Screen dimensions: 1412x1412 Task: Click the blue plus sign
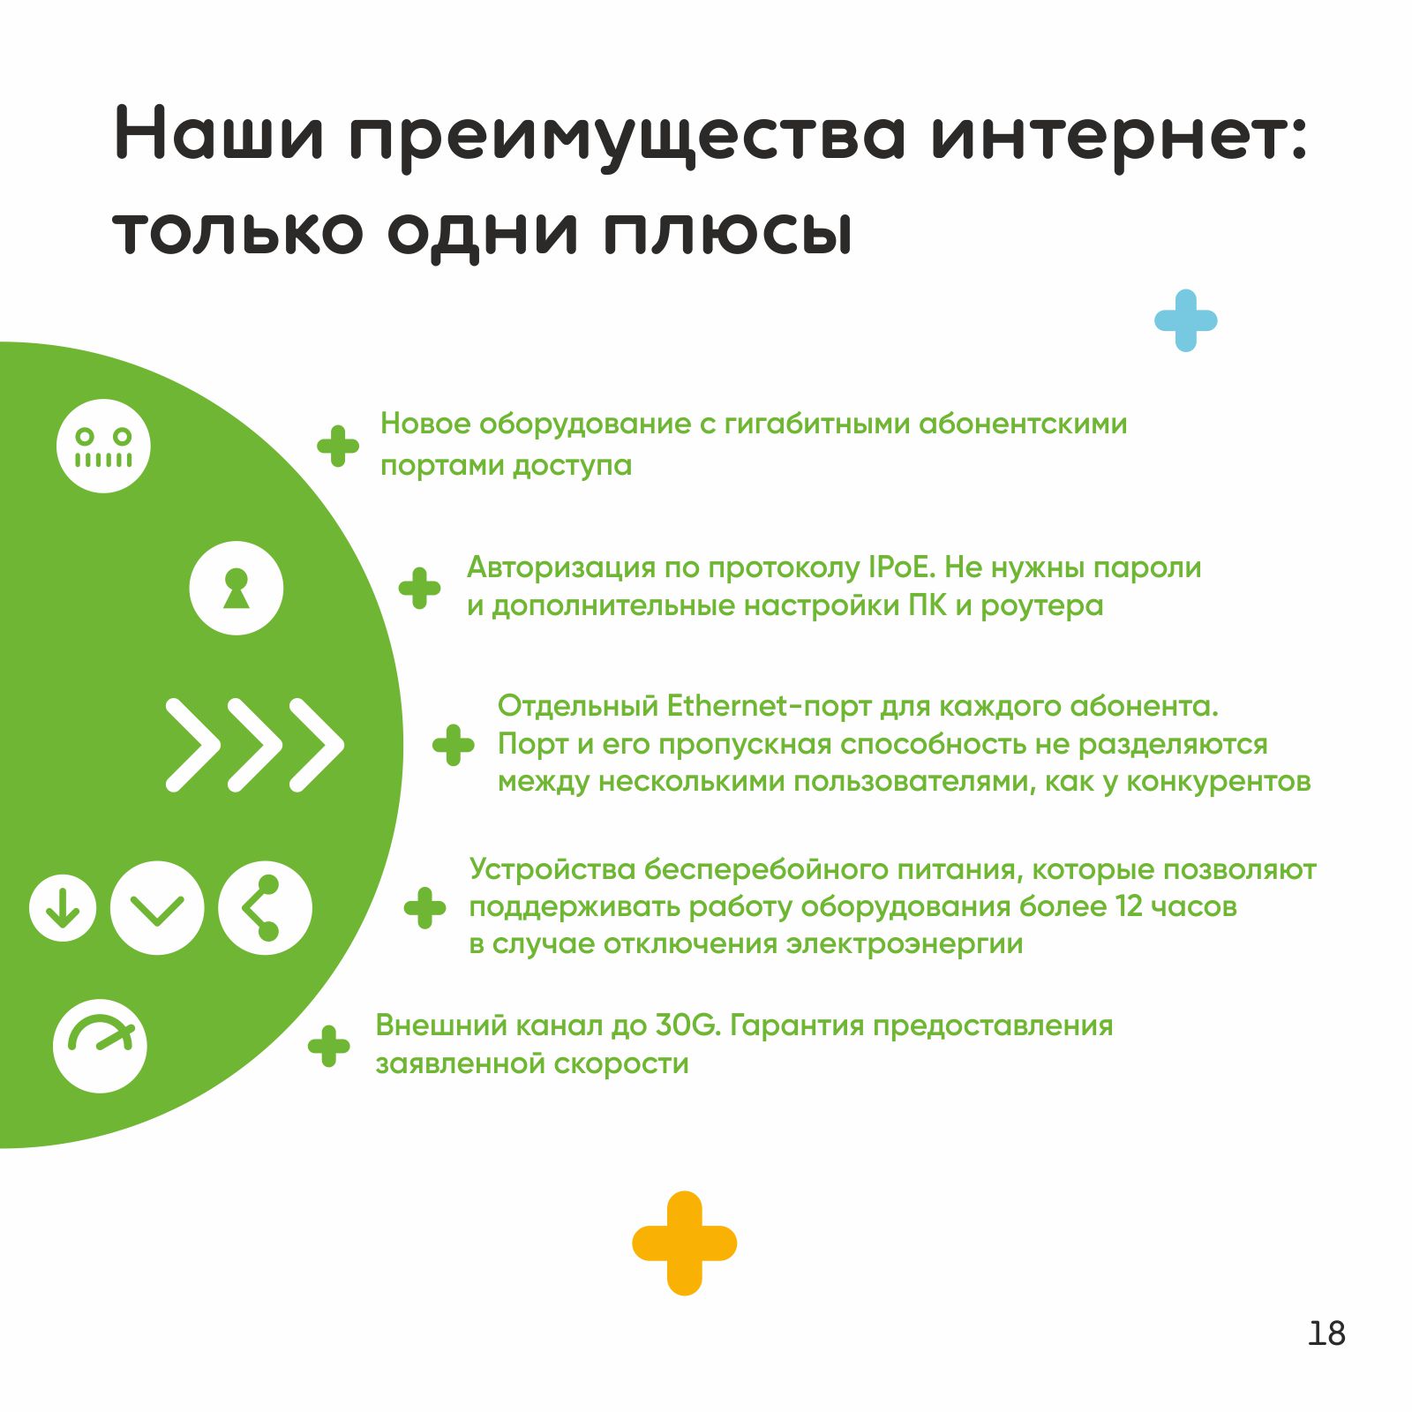coord(1185,320)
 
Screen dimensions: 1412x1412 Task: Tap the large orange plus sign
coord(684,1243)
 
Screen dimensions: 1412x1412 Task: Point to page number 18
coord(1326,1333)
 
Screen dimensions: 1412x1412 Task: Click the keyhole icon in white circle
coord(237,588)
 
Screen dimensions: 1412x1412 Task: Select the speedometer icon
coord(100,1046)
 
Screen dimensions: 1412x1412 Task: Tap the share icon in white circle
coord(265,907)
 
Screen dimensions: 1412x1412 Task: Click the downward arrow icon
coord(63,907)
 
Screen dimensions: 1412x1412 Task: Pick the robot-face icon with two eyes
coord(103,446)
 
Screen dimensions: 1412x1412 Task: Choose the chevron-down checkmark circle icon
coord(157,907)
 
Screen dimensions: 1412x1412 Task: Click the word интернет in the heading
coord(1119,135)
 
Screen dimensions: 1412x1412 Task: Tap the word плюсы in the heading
coord(728,231)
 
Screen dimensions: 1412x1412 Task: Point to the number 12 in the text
coord(1130,906)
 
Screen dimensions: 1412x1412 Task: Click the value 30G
coord(688,1025)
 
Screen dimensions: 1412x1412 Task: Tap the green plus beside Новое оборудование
coord(338,446)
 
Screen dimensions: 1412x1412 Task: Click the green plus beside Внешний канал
coord(329,1046)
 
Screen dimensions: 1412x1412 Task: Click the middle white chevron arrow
coord(255,745)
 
